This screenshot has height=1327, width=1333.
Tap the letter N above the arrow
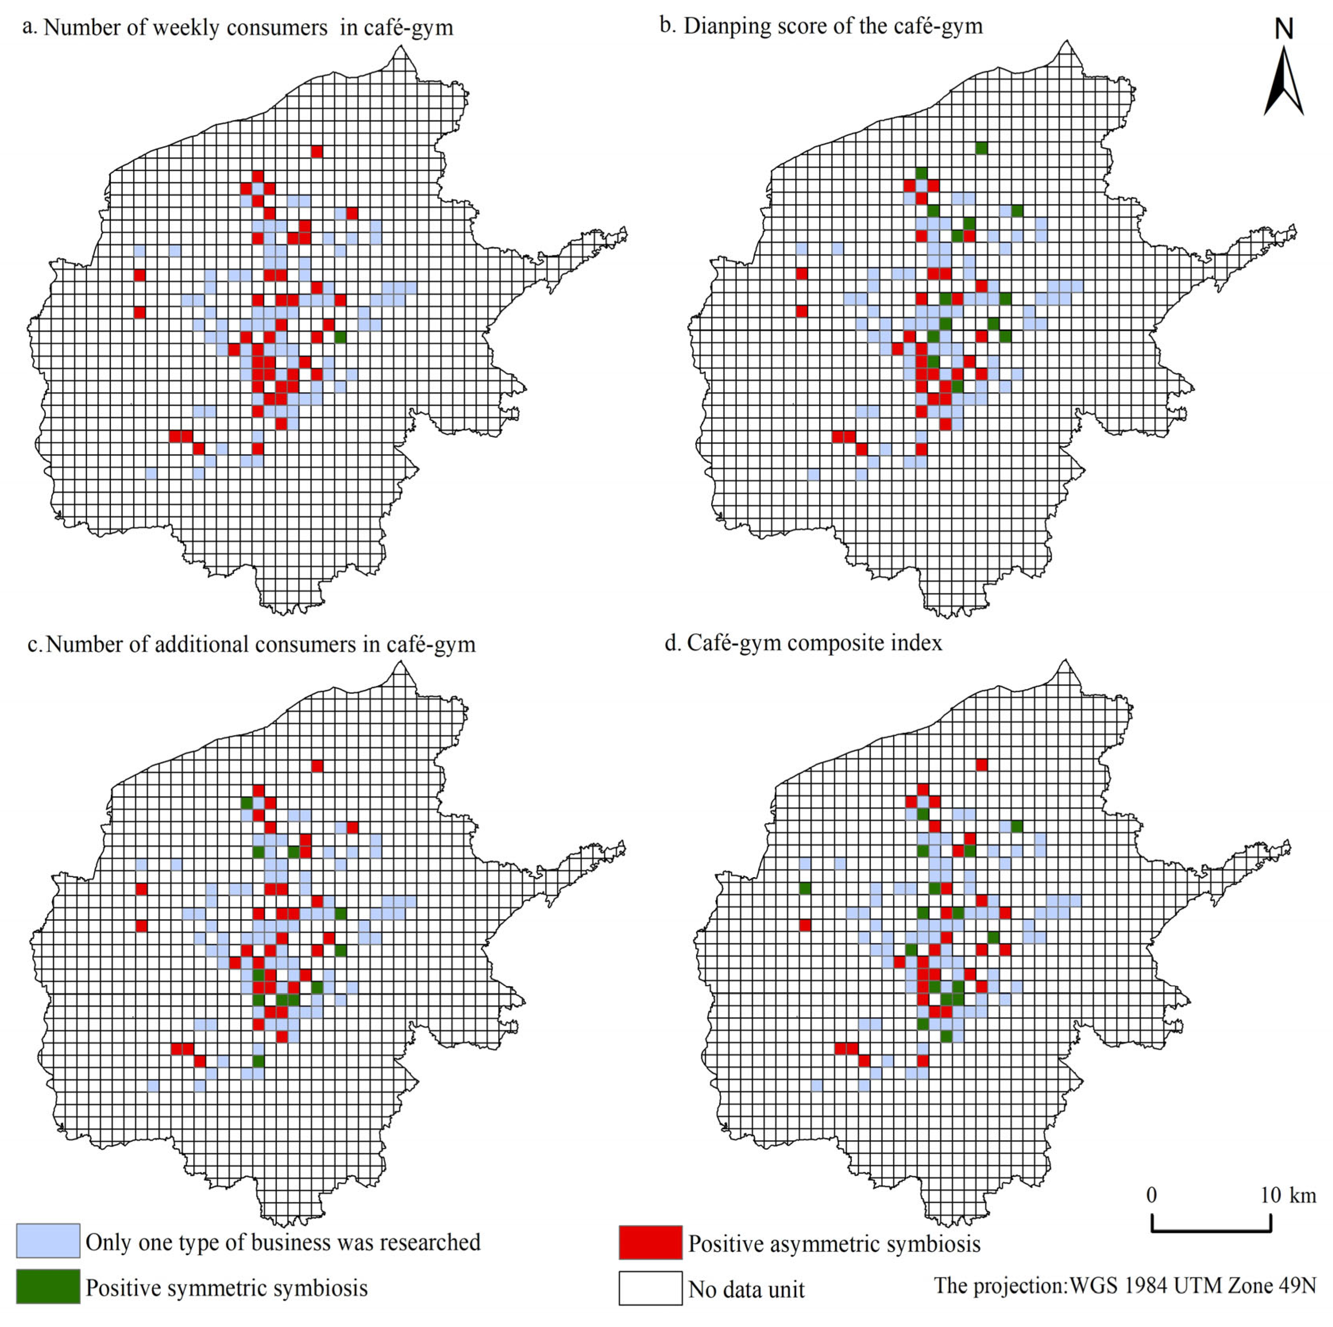1283,29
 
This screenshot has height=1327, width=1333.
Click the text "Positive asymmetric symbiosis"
834,1244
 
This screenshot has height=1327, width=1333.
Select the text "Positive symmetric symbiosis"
226,1288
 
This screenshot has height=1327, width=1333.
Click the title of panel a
238,27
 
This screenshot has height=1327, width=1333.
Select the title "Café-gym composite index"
814,643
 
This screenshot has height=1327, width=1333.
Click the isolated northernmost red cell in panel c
317,765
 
